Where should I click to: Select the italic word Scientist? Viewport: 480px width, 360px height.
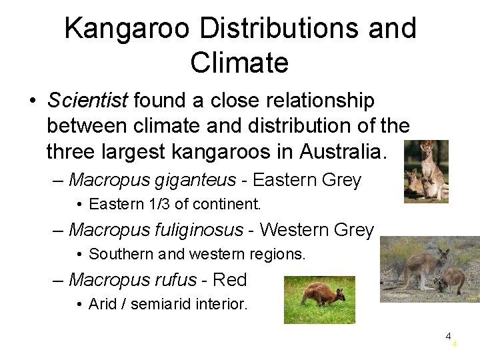(87, 101)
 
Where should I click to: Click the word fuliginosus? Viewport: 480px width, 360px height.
(197, 230)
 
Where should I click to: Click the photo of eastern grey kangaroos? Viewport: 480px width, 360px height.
(426, 171)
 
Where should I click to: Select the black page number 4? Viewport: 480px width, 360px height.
(449, 336)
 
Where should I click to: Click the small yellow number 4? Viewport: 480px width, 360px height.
(454, 345)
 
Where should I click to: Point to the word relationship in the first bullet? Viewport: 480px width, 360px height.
(303, 101)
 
